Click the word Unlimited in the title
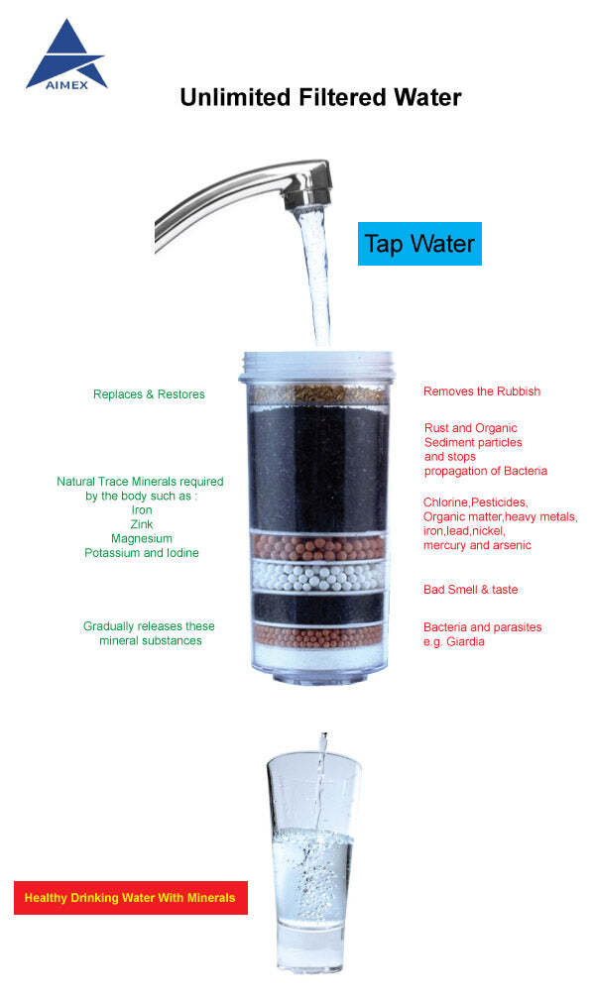click(235, 97)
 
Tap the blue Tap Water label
click(419, 244)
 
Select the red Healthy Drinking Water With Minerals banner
click(131, 897)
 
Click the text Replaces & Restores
click(149, 394)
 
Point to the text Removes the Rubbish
click(482, 391)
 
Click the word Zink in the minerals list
click(142, 524)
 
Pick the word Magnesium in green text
click(142, 538)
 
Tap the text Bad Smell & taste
click(470, 589)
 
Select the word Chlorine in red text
click(445, 502)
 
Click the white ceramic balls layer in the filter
click(318, 577)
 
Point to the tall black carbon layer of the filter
click(318, 468)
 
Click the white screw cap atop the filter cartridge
click(317, 368)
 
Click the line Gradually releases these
click(149, 626)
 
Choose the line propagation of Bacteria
click(486, 471)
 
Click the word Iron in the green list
click(142, 510)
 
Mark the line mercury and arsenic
click(477, 545)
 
